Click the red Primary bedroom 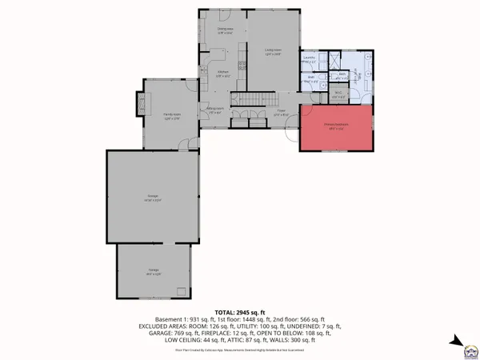337,129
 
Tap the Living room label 273,51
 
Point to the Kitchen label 224,74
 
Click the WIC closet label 338,95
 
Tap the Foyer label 281,114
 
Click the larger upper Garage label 153,198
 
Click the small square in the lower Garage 182,290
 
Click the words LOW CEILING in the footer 183,340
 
